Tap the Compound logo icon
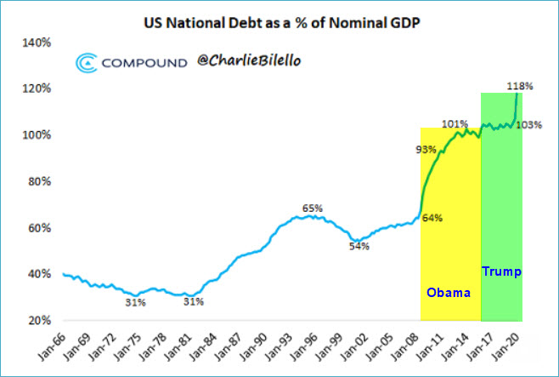(86, 63)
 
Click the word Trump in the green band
(501, 271)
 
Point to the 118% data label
(519, 86)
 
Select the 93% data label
(426, 150)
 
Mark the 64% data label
(432, 218)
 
